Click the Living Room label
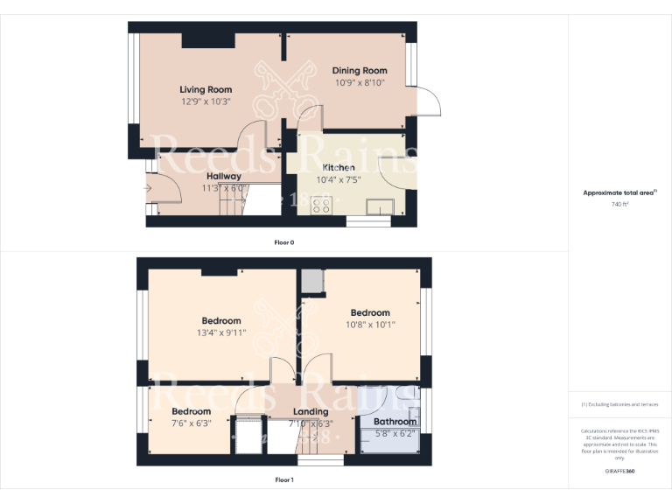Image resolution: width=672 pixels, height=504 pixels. click(206, 89)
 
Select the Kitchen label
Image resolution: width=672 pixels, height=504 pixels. click(339, 167)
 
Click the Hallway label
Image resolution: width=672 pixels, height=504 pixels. click(224, 176)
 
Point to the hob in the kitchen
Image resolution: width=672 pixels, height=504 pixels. click(321, 205)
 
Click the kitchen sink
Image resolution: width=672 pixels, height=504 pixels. click(381, 206)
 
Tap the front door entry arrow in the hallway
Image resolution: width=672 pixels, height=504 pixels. click(149, 187)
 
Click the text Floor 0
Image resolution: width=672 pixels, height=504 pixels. click(283, 241)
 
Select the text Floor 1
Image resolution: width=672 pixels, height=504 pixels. click(284, 479)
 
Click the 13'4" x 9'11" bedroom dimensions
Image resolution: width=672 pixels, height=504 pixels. click(221, 332)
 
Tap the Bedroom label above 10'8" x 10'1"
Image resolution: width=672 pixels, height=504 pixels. click(370, 312)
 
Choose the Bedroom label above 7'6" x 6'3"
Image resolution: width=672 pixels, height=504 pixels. click(191, 411)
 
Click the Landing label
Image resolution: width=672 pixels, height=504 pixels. click(311, 411)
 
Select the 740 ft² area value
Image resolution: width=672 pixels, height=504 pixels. click(619, 204)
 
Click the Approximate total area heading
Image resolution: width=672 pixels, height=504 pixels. click(619, 192)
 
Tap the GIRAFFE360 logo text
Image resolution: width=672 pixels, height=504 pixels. click(619, 471)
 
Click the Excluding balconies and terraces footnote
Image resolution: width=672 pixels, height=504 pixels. click(619, 404)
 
